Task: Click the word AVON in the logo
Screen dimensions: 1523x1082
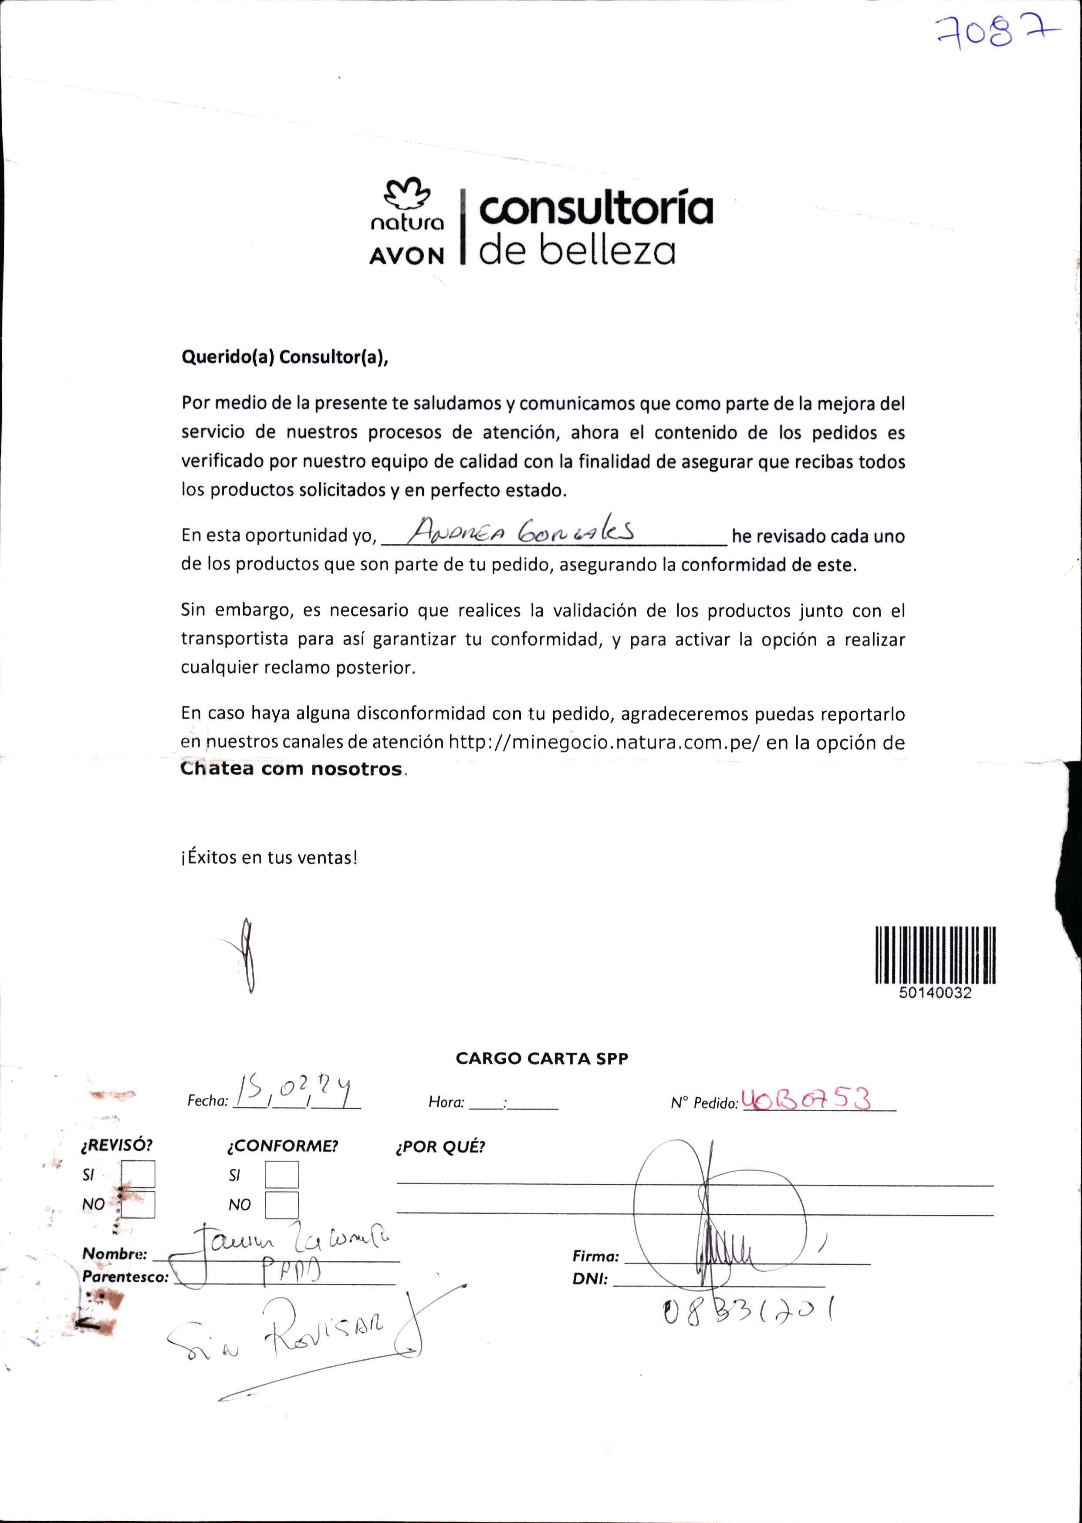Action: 406,256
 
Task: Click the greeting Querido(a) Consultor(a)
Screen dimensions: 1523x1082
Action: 284,357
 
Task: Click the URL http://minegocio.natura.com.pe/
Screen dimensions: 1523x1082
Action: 604,742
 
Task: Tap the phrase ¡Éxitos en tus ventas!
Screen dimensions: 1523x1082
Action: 269,857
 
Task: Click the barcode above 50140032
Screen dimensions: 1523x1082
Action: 935,954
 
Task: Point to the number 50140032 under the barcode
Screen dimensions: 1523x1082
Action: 935,993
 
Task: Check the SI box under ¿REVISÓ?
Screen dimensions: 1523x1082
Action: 138,1174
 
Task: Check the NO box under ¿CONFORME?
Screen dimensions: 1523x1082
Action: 281,1205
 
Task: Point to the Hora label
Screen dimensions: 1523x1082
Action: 446,1102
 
